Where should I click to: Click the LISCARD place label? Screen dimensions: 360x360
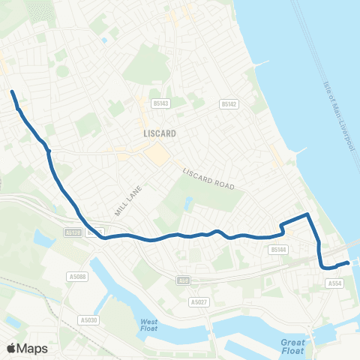157,133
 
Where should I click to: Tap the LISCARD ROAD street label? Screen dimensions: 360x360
209,178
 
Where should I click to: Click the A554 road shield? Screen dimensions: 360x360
335,283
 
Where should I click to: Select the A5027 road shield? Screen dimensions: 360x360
198,301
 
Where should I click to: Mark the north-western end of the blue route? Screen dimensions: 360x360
12,92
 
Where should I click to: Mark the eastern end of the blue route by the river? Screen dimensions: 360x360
347,262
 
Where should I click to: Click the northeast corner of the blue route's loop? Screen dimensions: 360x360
307,216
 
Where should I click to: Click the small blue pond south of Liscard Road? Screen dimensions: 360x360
188,202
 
